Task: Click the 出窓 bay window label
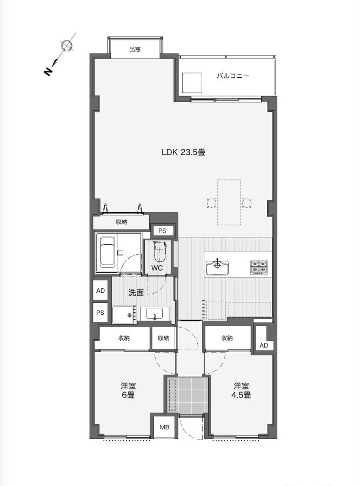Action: pyautogui.click(x=135, y=50)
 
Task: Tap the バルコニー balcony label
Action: pyautogui.click(x=233, y=76)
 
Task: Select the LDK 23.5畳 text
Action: pyautogui.click(x=183, y=152)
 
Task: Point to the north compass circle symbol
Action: pyautogui.click(x=67, y=46)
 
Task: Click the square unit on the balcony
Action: pyautogui.click(x=191, y=83)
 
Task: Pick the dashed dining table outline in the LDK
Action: pyautogui.click(x=229, y=202)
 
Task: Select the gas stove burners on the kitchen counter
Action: pyautogui.click(x=258, y=267)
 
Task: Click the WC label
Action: pyautogui.click(x=157, y=268)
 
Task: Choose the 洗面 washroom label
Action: pyautogui.click(x=136, y=293)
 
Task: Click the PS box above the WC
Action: pyautogui.click(x=162, y=231)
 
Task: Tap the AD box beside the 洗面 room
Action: pyautogui.click(x=101, y=291)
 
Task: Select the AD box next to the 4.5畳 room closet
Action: pyautogui.click(x=263, y=345)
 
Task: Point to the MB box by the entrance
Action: pyautogui.click(x=164, y=427)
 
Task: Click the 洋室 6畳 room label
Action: pyautogui.click(x=128, y=390)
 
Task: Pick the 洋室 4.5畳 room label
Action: pyautogui.click(x=242, y=390)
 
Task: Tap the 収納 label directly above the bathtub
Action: pyautogui.click(x=121, y=222)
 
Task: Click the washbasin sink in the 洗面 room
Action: pyautogui.click(x=155, y=314)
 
